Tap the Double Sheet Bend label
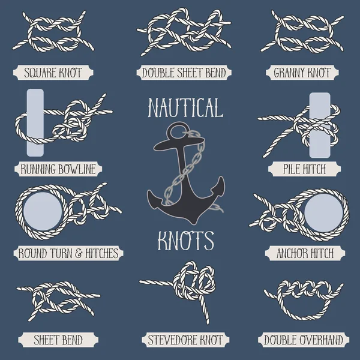coord(184,74)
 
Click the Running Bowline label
coord(58,170)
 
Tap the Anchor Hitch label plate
coord(305,254)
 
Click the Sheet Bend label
coord(58,340)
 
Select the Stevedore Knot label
coord(185,340)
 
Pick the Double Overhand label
coord(303,340)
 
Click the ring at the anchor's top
coord(176,130)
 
